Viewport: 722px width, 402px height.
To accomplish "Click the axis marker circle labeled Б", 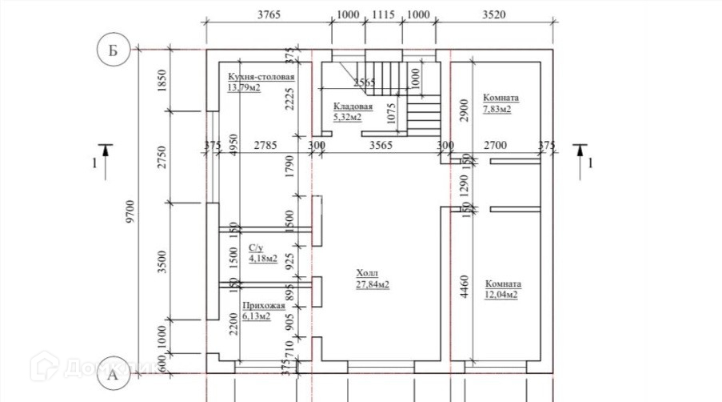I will pos(113,50).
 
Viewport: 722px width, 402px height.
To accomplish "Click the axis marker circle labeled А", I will pos(113,373).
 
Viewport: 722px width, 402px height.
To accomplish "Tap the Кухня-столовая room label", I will pos(261,77).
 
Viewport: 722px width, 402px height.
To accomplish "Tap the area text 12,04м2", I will pos(501,295).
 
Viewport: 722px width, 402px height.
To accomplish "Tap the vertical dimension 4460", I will pos(465,285).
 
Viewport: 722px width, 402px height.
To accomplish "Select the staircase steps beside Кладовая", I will pos(424,112).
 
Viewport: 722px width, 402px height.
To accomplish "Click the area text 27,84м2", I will pos(373,284).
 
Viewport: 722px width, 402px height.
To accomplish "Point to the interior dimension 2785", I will pos(265,145).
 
